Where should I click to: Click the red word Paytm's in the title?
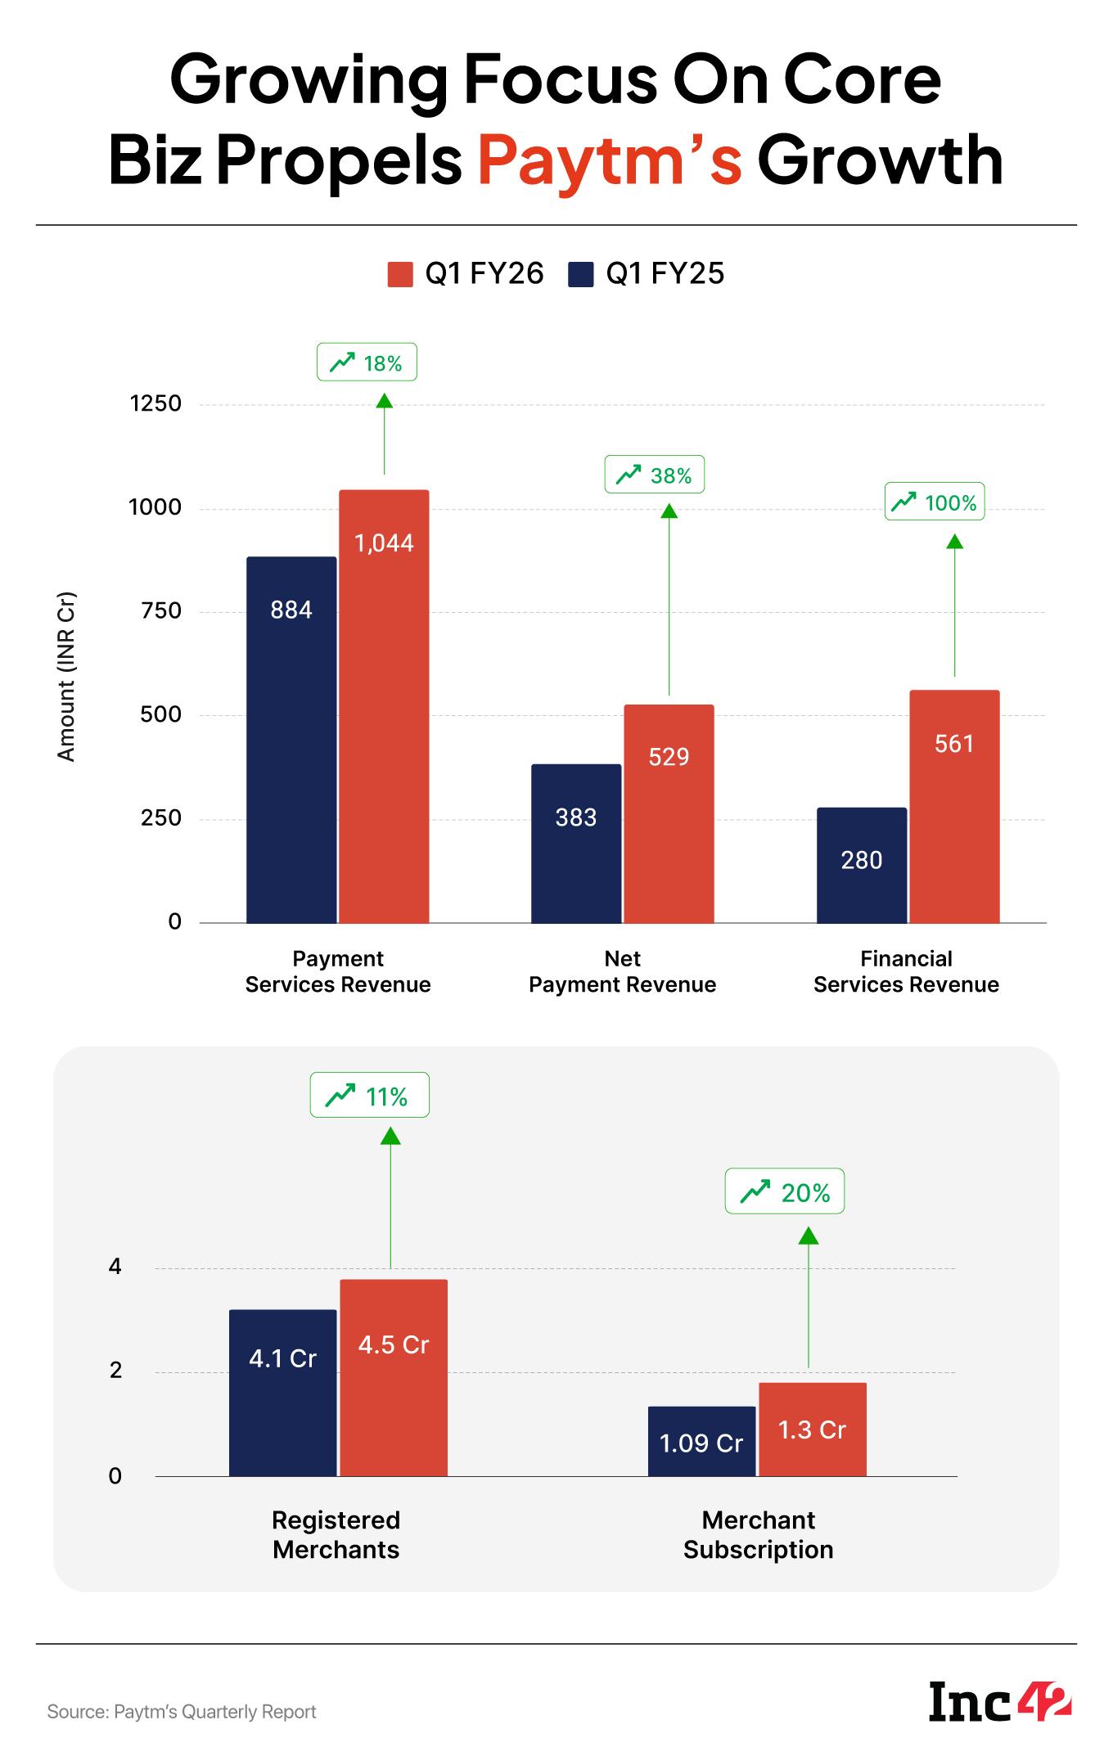click(610, 161)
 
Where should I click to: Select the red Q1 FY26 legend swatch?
click(399, 274)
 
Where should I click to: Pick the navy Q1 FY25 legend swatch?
click(580, 274)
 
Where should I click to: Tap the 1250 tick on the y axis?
click(155, 404)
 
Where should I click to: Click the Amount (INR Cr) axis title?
click(66, 676)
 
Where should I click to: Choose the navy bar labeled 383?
click(576, 843)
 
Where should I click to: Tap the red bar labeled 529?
click(669, 813)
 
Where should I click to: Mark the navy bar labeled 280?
click(861, 865)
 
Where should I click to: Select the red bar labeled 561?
click(954, 806)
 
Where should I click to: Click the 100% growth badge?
click(935, 502)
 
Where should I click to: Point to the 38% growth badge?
click(654, 475)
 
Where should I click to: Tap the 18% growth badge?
click(367, 362)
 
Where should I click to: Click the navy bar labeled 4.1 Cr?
click(282, 1393)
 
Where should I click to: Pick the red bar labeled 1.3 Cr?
click(812, 1429)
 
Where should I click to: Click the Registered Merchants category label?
click(336, 1534)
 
